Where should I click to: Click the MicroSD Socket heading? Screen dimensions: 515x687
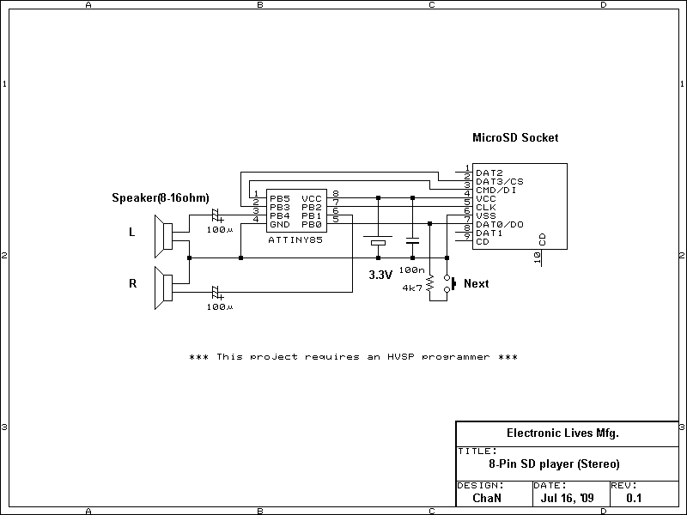coord(515,137)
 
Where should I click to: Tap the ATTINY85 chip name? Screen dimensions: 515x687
coord(295,240)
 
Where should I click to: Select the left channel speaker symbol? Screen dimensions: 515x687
coord(161,236)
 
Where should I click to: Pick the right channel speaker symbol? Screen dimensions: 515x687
coord(161,288)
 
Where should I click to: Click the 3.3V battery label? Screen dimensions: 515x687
coord(380,276)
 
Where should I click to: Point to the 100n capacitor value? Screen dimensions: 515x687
coord(411,270)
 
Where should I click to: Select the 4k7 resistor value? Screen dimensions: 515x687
coord(412,288)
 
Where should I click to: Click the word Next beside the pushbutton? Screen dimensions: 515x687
coord(476,283)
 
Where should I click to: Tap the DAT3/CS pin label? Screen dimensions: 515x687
coord(499,181)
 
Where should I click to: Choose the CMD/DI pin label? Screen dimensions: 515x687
coord(495,190)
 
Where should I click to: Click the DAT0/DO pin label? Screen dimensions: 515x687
coord(499,224)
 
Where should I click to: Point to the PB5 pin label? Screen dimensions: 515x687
coord(279,198)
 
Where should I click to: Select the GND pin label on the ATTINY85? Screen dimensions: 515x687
coord(279,224)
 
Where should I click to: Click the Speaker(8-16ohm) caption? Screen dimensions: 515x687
coord(161,198)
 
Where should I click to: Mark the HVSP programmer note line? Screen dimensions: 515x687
coord(353,356)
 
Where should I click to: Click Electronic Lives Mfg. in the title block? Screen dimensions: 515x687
coord(562,433)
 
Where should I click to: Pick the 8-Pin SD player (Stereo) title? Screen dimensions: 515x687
coord(554,463)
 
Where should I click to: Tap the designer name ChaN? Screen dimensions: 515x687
coord(486,497)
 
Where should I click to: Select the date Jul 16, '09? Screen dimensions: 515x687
coord(568,497)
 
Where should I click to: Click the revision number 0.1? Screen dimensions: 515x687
coord(634,497)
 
